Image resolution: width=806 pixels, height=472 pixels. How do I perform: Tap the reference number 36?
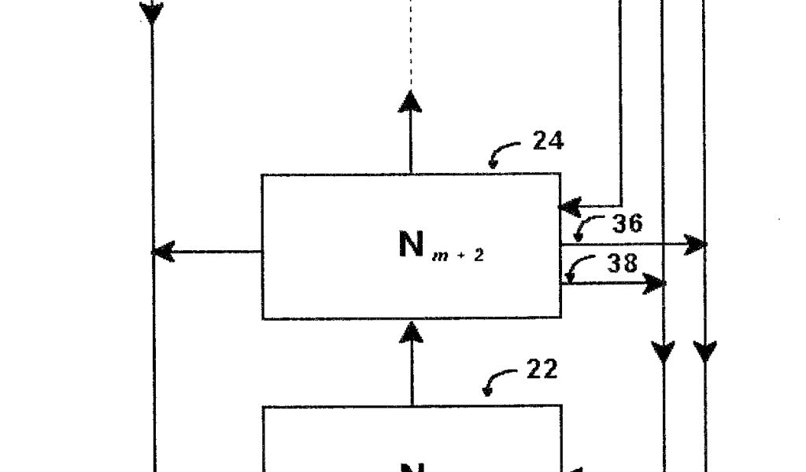click(x=627, y=223)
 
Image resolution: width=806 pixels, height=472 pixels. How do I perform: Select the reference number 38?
click(x=622, y=263)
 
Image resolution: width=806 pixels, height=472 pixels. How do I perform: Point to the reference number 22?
click(x=542, y=369)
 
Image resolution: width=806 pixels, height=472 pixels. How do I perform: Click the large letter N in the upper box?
click(x=412, y=245)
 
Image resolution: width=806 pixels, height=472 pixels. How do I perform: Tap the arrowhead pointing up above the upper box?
click(x=410, y=102)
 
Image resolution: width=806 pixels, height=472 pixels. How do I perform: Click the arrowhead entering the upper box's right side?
click(x=569, y=208)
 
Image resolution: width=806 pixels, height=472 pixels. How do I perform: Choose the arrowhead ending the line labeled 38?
click(x=655, y=283)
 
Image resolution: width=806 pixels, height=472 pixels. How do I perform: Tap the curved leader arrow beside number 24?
click(x=502, y=153)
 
